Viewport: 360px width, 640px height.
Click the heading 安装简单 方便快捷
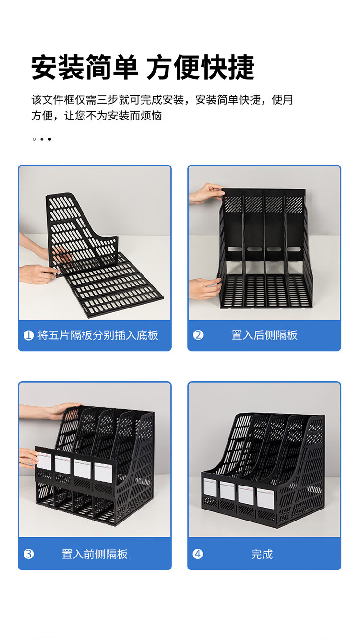143,68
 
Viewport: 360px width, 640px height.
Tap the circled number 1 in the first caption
29,335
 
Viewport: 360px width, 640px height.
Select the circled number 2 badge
198,335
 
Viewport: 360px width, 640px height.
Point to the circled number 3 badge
29,554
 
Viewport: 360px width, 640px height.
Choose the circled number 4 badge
198,554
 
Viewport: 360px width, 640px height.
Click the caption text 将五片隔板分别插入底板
98,335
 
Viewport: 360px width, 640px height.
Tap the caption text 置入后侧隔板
264,335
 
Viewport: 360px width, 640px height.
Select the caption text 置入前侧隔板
95,554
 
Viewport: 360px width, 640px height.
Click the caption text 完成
262,554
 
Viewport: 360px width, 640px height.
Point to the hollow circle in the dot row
34,139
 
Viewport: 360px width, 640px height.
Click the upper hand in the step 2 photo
206,193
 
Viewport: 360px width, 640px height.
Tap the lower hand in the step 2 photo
205,288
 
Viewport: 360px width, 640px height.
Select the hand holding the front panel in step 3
29,458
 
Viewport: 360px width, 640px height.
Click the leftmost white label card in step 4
210,487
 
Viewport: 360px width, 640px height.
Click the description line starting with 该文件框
162,100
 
